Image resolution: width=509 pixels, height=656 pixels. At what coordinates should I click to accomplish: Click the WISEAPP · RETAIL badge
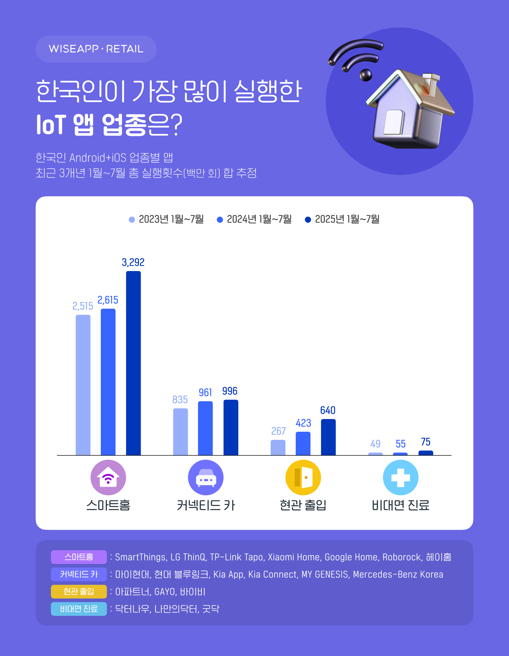click(96, 49)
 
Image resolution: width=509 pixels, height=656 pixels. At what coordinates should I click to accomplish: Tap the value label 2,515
click(83, 306)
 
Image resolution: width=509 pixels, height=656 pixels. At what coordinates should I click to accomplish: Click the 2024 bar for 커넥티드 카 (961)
click(205, 428)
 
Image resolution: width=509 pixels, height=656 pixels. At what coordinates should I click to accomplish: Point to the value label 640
click(328, 410)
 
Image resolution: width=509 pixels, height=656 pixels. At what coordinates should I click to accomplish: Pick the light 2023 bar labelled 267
click(278, 448)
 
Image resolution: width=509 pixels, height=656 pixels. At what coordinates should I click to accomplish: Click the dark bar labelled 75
click(426, 453)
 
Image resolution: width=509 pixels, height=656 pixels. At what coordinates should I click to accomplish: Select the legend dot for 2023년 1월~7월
click(132, 220)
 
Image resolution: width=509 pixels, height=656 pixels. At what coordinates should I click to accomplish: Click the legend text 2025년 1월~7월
click(347, 219)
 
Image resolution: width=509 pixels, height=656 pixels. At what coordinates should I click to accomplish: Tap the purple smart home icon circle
click(108, 478)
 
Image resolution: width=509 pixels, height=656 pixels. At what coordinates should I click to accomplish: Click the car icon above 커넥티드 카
click(206, 478)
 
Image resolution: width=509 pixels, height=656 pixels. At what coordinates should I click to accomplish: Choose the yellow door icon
click(303, 478)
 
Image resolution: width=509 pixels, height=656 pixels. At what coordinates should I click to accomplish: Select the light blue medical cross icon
click(401, 478)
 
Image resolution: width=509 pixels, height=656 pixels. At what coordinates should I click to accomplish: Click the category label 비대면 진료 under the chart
click(401, 505)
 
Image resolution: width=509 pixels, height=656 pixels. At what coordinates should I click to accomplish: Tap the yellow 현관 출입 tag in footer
click(79, 591)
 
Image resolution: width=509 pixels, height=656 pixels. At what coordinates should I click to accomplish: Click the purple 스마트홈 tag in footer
click(79, 557)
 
